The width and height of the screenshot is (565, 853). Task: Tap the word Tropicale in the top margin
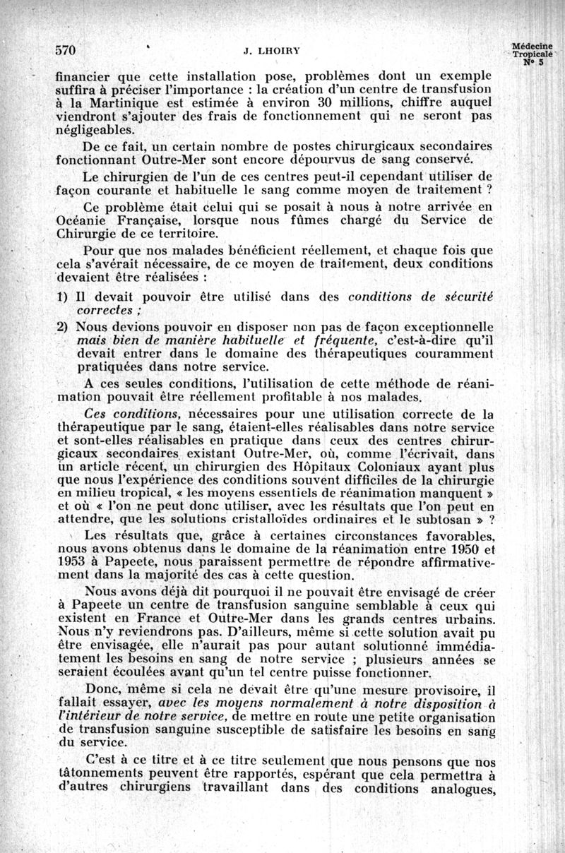[x=534, y=54]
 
